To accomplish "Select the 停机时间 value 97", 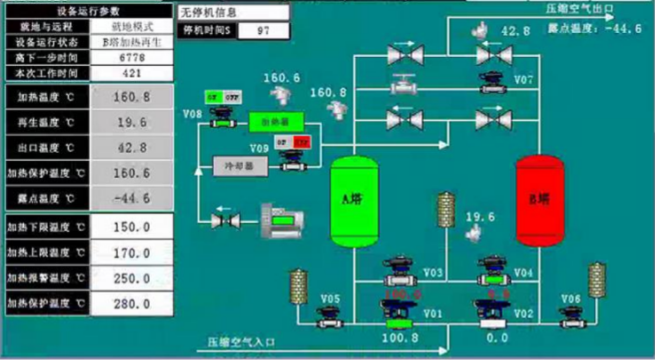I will (263, 31).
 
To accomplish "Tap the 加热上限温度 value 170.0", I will (131, 253).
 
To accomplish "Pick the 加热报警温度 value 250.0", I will (131, 279).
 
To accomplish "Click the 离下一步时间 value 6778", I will (131, 58).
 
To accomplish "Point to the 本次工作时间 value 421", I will (131, 73).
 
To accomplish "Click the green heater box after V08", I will (276, 122).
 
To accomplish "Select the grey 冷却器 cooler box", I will (241, 166).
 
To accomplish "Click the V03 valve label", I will (433, 272).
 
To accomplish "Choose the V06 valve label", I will (571, 299).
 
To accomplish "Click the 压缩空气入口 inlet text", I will (241, 342).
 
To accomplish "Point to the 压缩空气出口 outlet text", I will (580, 9).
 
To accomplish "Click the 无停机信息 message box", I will (234, 12).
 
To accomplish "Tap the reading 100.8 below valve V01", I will (400, 338).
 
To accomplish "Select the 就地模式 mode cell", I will (131, 27).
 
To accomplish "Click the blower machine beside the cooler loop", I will (282, 219).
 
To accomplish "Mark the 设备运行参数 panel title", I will (88, 11).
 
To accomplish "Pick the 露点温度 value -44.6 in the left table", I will (131, 198).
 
